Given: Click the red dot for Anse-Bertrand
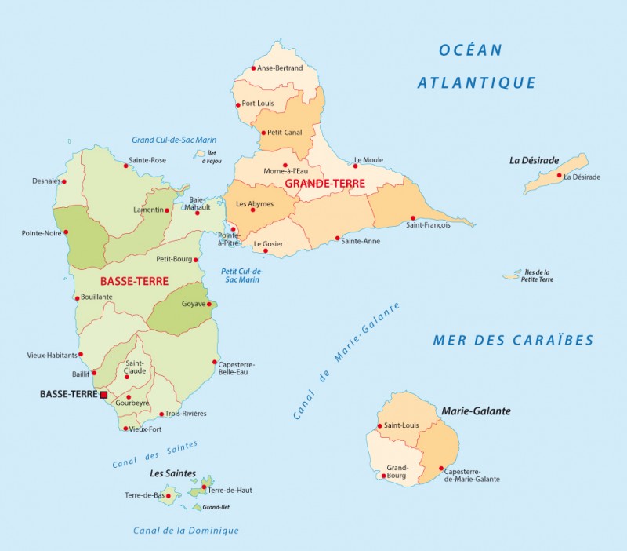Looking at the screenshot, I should tap(253, 69).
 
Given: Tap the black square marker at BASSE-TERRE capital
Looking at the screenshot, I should tap(103, 395).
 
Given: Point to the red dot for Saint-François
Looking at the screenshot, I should tap(412, 218).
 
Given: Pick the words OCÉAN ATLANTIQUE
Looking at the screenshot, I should tap(475, 67).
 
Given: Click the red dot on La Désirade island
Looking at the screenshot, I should tap(559, 177).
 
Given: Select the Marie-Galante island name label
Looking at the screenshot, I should tap(476, 411).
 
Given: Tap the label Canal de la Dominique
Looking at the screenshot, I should tap(186, 531).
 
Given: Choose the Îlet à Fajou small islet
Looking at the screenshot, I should tap(200, 154).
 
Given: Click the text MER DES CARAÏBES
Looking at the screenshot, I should tap(513, 341).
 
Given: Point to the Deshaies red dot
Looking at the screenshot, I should tap(64, 181).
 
